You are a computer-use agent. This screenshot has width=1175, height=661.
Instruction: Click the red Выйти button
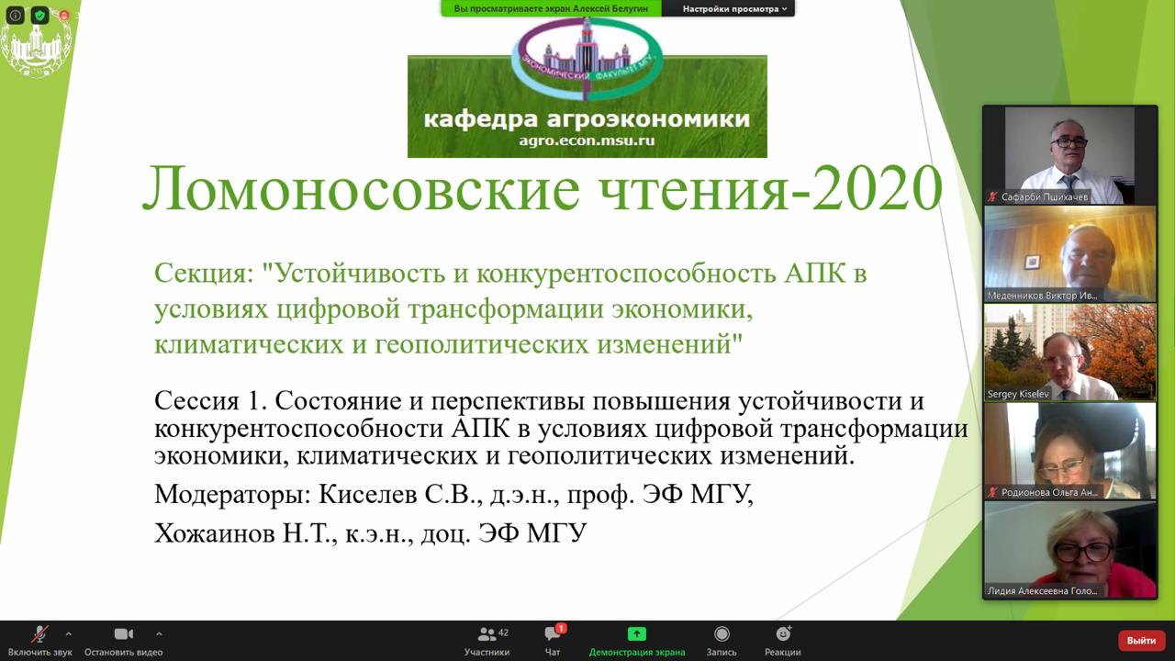coord(1141,641)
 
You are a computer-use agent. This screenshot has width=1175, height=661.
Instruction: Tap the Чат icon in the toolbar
coord(553,633)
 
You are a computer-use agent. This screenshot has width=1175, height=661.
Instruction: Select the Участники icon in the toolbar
coord(487,634)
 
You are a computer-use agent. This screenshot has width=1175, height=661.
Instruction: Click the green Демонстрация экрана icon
coord(637,633)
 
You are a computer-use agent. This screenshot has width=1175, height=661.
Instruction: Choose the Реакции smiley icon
coord(783,633)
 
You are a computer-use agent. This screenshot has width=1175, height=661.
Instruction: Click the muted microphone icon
coord(39,633)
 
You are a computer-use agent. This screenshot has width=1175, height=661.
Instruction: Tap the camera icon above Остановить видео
coord(124,633)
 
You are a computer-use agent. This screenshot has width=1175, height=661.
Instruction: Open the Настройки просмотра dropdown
coord(734,9)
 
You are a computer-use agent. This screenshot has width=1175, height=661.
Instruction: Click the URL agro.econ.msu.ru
coord(587,140)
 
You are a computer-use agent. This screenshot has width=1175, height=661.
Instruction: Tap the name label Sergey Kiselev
coord(1018,394)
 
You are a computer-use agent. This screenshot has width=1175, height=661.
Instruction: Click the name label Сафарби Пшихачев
coord(1044,197)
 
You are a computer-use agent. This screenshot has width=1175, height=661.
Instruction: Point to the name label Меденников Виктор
coord(1042,296)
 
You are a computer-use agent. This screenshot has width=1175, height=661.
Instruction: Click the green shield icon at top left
coord(39,16)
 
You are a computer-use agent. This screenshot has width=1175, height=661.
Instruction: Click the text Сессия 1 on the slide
coord(211,401)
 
